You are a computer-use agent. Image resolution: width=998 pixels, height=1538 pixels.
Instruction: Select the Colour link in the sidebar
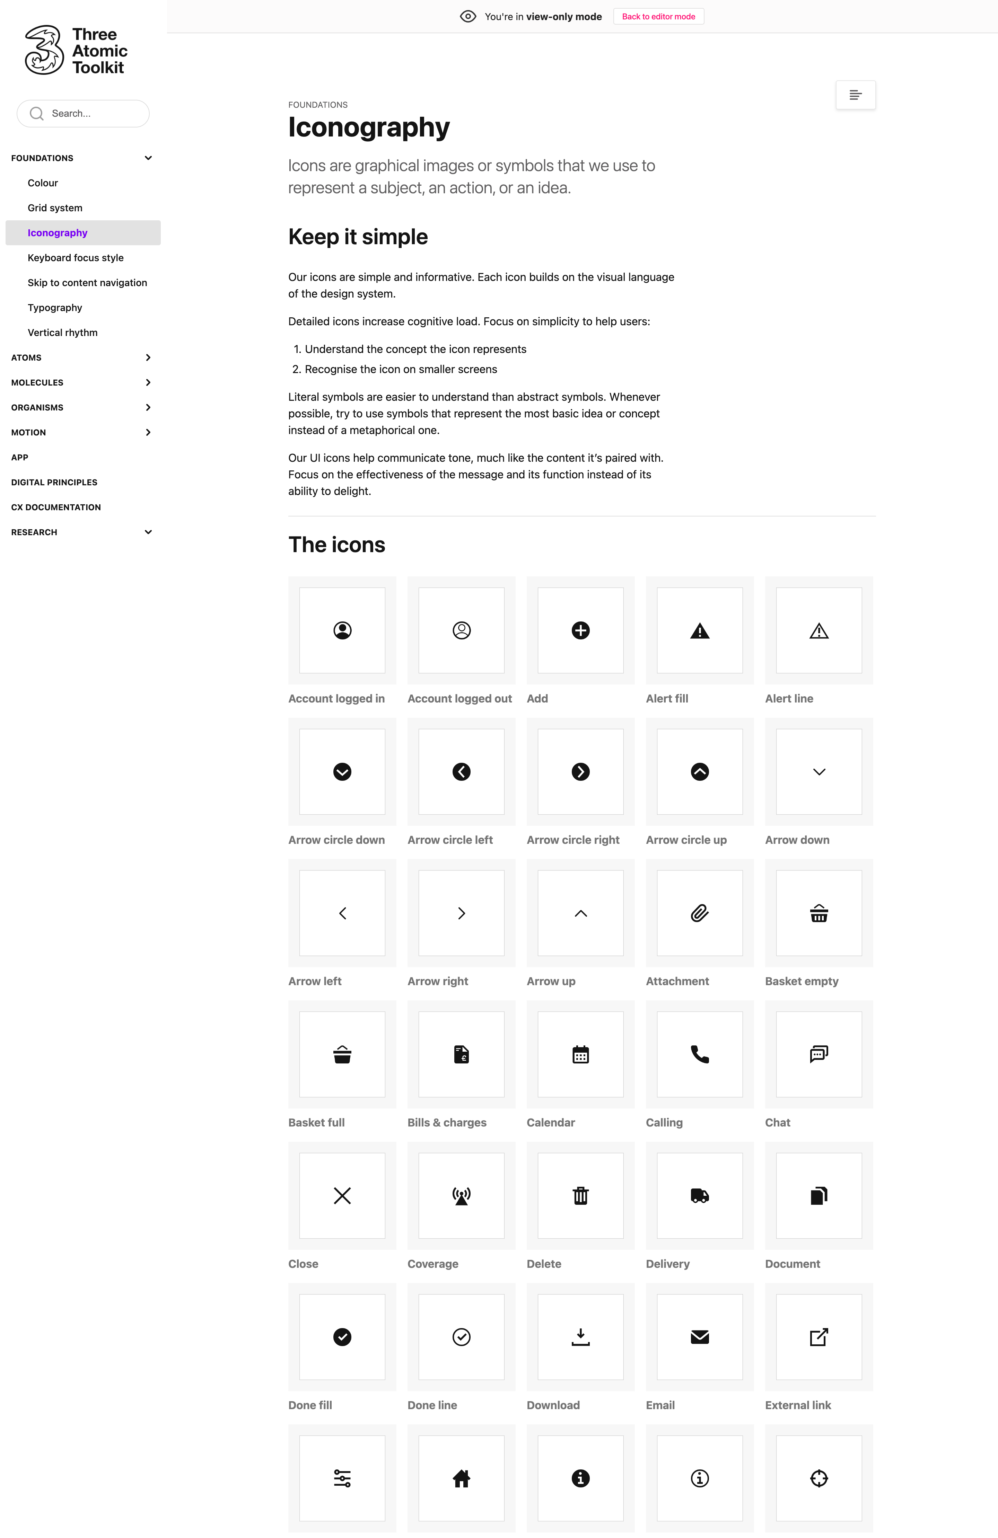click(43, 183)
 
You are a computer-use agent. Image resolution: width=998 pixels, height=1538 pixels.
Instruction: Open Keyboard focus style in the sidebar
click(76, 258)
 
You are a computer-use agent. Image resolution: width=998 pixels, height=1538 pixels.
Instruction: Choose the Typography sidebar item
click(55, 308)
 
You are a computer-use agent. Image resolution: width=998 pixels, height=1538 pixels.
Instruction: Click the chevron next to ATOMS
click(148, 357)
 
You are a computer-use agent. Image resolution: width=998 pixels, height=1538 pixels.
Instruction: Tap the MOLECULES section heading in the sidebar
click(37, 382)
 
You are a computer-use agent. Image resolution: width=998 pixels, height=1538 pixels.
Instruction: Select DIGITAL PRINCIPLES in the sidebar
click(54, 482)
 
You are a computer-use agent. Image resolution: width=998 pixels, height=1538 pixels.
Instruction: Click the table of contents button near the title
click(855, 95)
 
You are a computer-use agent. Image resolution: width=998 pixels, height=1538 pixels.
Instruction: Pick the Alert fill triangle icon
click(699, 631)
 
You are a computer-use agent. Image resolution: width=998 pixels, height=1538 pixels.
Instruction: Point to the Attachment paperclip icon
click(699, 913)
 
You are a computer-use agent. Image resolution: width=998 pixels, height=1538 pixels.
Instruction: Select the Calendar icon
click(580, 1055)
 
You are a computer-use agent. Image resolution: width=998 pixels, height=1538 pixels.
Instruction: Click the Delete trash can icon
click(580, 1195)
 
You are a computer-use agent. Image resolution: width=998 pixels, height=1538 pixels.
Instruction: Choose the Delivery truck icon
click(699, 1195)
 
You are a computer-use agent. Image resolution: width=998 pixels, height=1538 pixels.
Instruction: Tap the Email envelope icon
click(699, 1337)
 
